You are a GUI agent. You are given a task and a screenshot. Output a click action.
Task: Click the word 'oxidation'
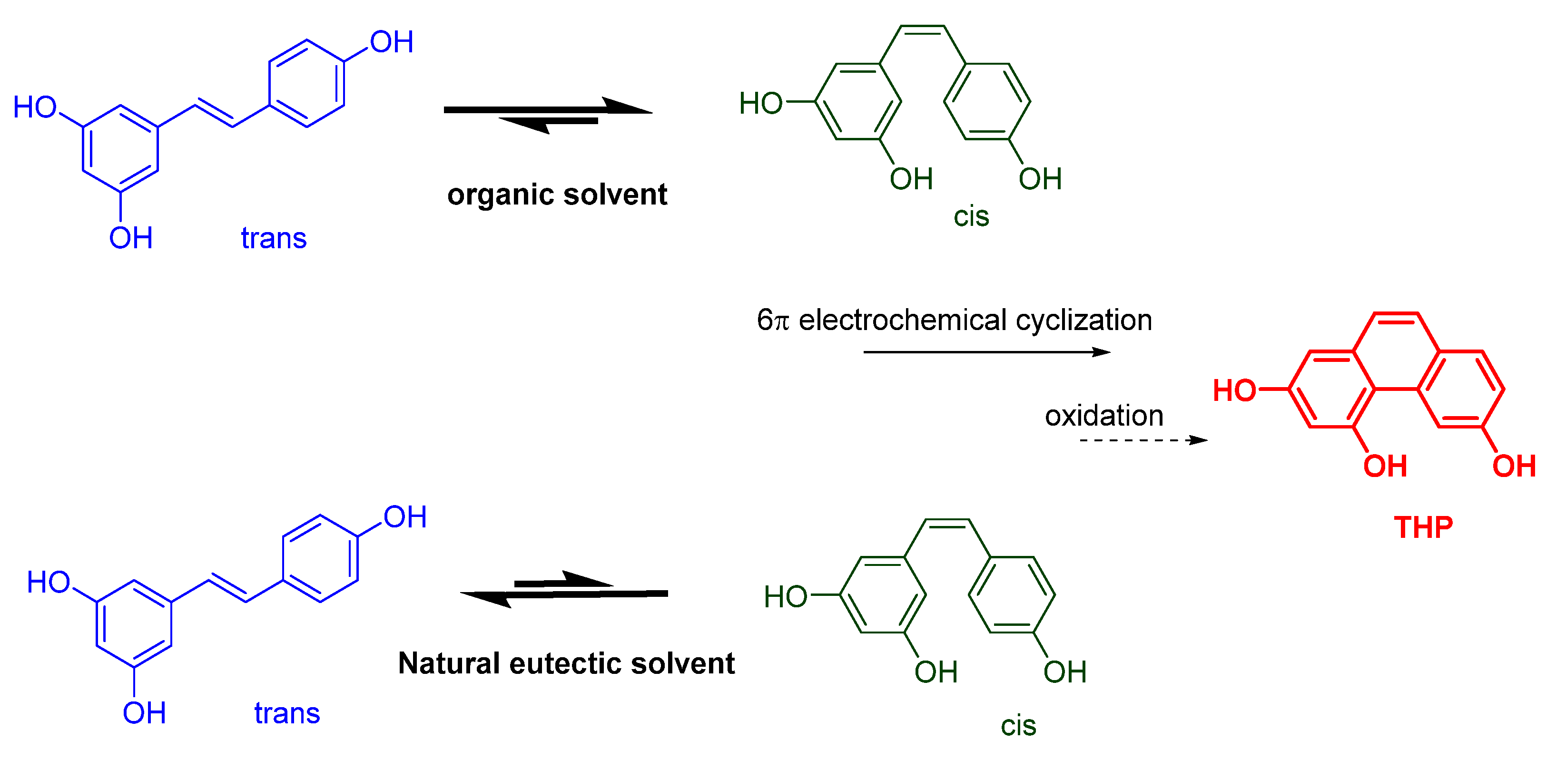pos(1103,416)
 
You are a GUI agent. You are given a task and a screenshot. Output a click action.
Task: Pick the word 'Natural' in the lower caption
pos(449,663)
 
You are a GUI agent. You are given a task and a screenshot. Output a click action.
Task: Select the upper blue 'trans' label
pos(274,238)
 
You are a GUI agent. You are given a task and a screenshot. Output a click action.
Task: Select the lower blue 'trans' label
pos(287,713)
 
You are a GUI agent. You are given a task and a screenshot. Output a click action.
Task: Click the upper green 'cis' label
pos(971,216)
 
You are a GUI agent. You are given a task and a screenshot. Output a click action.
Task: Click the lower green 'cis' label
pos(1018,725)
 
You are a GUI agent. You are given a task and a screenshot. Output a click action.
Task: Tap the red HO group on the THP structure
pos(1234,390)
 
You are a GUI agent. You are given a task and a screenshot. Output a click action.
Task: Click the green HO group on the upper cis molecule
pos(760,103)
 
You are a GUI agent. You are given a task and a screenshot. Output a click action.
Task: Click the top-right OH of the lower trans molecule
pos(405,517)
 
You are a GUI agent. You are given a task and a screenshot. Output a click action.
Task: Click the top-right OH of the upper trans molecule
pos(392,42)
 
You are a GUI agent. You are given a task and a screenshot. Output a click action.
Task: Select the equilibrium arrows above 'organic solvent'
pos(548,114)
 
